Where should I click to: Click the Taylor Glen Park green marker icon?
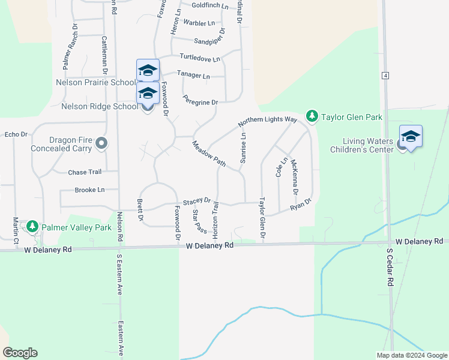pos(312,115)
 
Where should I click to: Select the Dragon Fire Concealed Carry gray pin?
pos(101,143)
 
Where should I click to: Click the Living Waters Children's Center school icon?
pos(411,137)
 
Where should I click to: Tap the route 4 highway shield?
pos(384,75)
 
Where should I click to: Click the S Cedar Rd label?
pos(390,267)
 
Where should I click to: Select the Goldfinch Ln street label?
pos(211,5)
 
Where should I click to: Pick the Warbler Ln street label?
pos(199,23)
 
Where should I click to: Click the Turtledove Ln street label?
pos(200,59)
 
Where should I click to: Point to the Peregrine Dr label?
pos(200,103)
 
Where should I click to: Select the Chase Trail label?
pos(85,172)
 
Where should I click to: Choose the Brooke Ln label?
pos(89,190)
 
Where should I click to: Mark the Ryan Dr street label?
pos(301,204)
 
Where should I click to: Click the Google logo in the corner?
pos(20,353)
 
